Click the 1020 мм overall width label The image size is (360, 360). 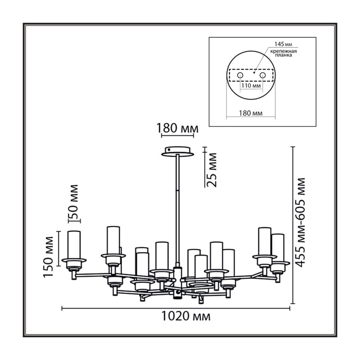(x=186, y=316)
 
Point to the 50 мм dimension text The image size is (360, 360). (x=73, y=202)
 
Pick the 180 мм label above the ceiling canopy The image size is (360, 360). (x=177, y=128)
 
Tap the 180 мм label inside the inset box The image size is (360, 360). (x=251, y=113)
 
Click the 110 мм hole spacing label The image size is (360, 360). (x=251, y=86)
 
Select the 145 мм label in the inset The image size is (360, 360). (x=283, y=44)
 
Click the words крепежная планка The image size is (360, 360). (x=283, y=53)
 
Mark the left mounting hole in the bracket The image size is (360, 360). (x=240, y=75)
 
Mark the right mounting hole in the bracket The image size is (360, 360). (x=262, y=75)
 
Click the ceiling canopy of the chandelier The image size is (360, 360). (x=177, y=152)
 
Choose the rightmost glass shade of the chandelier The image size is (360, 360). (x=277, y=248)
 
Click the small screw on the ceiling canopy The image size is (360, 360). (x=169, y=149)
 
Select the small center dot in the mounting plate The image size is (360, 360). (x=254, y=72)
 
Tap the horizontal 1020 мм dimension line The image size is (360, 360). (x=176, y=308)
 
